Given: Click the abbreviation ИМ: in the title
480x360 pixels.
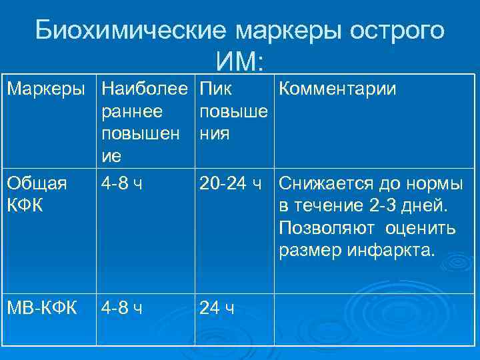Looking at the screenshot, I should [241, 62].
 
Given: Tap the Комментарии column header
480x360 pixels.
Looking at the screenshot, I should [337, 89].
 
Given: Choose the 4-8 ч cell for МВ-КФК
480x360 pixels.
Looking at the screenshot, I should [122, 308].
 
